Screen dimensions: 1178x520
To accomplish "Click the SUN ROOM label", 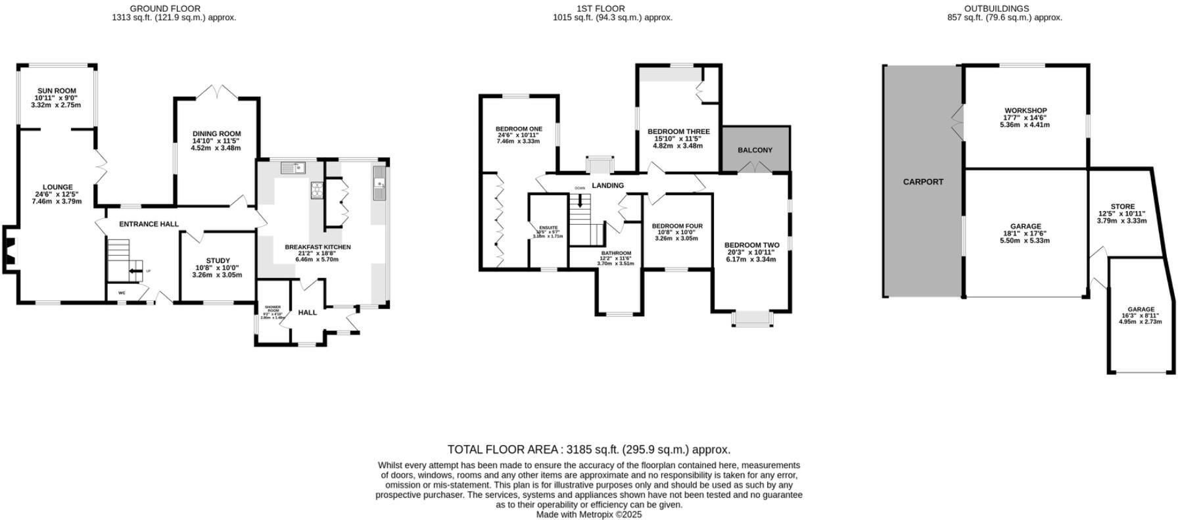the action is (x=56, y=91).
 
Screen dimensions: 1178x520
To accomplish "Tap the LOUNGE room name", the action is (x=58, y=187).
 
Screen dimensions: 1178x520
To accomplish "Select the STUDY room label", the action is (x=218, y=261).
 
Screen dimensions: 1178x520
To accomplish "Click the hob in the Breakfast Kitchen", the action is (x=317, y=190).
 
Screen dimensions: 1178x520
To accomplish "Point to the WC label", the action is (x=122, y=293).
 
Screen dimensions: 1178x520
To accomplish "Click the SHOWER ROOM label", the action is (x=272, y=308).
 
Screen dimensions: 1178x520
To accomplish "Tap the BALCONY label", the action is (x=755, y=151).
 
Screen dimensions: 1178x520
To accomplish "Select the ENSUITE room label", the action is (x=548, y=228).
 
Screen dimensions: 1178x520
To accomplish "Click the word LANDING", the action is (x=607, y=186).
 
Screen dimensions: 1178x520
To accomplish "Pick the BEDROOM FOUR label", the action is (x=677, y=226).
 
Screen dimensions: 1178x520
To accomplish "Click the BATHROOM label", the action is (x=615, y=253).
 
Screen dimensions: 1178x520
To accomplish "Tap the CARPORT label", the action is (x=923, y=182).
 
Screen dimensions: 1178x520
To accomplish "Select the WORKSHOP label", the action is (x=1025, y=110).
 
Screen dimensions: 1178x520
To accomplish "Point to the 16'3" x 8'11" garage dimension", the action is (x=1141, y=316).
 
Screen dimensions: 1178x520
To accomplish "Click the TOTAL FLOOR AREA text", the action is (x=588, y=450).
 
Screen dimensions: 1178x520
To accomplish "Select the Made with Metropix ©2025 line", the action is (x=588, y=515).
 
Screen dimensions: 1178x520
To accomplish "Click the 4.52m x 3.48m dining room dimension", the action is (x=216, y=148).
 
